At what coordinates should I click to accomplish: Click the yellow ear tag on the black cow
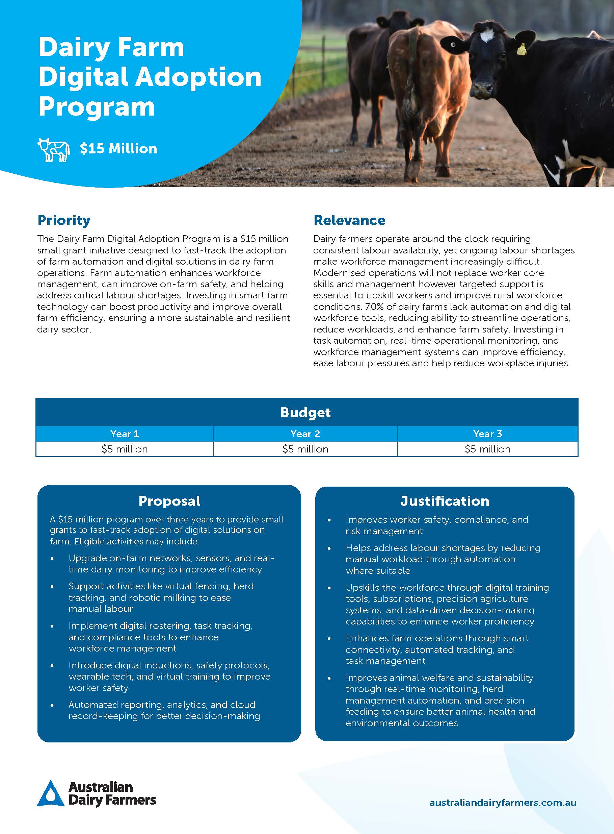tap(522, 49)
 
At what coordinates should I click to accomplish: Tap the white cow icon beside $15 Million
tap(54, 150)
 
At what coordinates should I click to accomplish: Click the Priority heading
tap(64, 220)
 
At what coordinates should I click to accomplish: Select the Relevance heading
tap(349, 220)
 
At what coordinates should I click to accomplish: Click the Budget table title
tap(305, 412)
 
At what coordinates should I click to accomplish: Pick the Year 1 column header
tap(125, 434)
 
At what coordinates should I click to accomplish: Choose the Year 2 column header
tap(305, 434)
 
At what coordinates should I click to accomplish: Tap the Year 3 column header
tap(488, 434)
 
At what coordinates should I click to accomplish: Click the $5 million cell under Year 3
tap(488, 449)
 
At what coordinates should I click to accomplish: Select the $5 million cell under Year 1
tap(125, 449)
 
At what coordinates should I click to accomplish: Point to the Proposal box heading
tap(169, 501)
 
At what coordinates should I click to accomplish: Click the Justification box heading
tap(445, 501)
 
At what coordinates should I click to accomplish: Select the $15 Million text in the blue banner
tap(118, 149)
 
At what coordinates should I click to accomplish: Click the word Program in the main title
tap(97, 107)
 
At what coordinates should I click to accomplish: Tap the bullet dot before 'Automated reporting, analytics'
tap(52, 705)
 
